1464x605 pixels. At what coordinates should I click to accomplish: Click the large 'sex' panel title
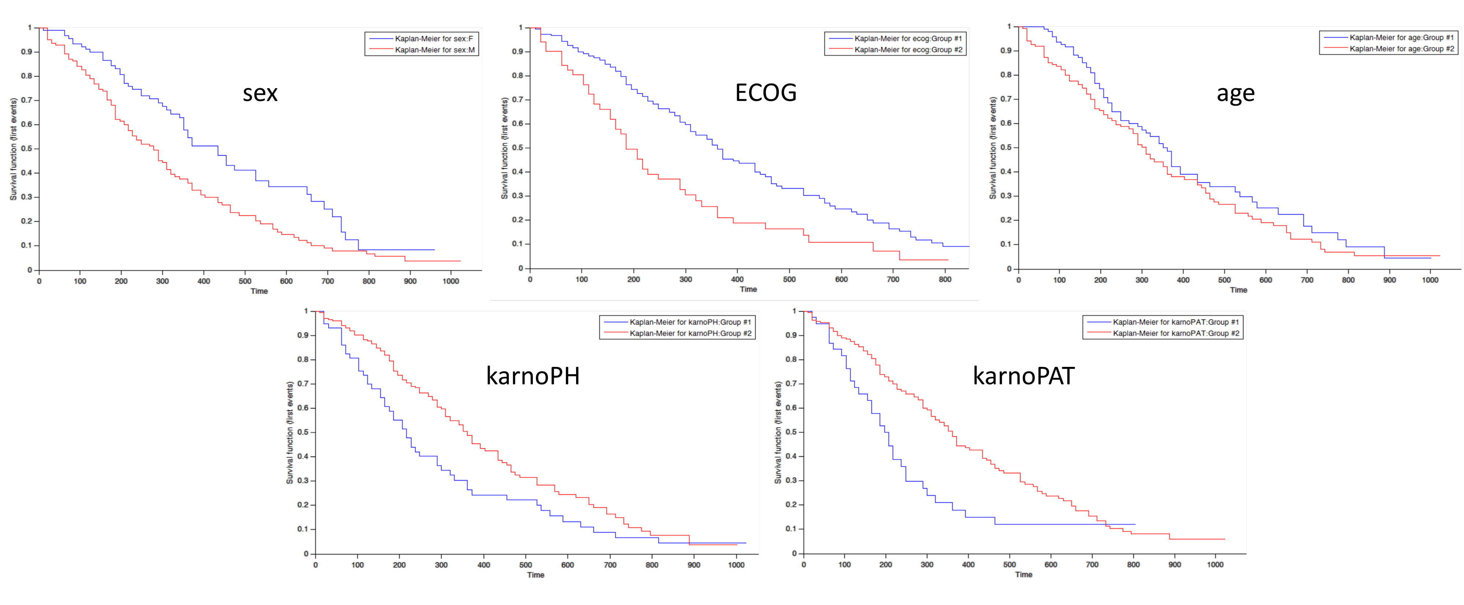[260, 93]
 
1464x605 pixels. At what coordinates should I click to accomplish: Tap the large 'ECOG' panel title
[766, 93]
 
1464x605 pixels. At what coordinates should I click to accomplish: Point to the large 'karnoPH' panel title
[533, 376]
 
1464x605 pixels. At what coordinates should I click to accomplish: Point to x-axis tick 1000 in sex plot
[451, 281]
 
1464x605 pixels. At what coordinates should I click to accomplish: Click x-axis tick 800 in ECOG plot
[945, 279]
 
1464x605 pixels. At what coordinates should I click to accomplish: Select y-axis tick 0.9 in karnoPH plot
[303, 335]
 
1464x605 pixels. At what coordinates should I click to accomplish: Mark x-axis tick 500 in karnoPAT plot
[1009, 565]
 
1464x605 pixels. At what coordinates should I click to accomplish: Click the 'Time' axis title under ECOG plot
[748, 290]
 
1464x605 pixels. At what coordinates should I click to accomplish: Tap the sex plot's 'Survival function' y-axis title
[13, 149]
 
